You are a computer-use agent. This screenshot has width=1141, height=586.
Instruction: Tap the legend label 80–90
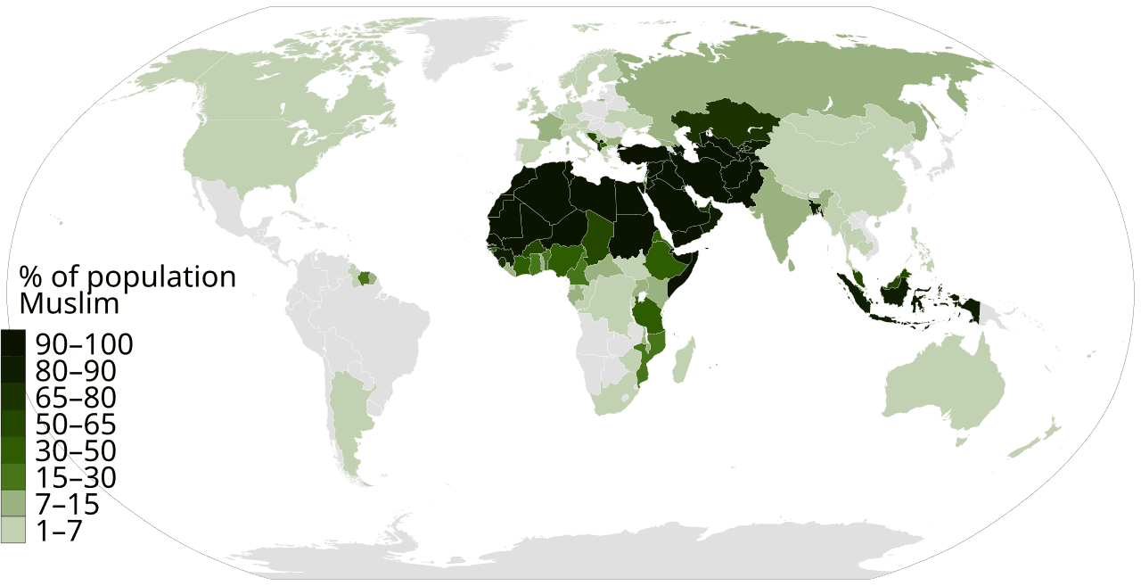[76, 371]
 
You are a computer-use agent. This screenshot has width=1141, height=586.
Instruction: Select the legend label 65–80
[76, 398]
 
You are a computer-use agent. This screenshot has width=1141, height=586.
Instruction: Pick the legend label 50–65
[76, 425]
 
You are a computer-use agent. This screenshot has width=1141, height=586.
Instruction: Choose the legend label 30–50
[76, 451]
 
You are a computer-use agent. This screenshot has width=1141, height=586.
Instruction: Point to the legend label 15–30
[76, 478]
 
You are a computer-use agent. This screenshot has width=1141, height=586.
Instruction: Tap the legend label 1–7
[60, 532]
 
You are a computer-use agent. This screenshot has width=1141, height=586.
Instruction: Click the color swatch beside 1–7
[12, 532]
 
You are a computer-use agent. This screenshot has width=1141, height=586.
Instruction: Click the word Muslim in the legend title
[70, 304]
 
